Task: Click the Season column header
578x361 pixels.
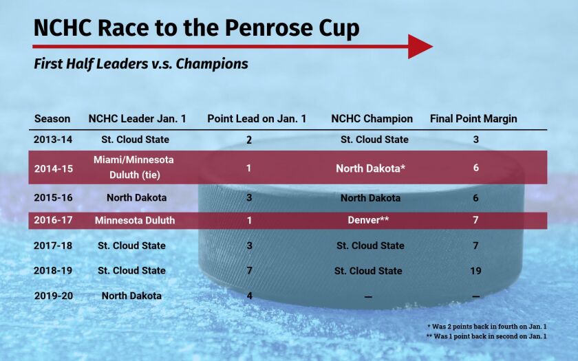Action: tap(52, 118)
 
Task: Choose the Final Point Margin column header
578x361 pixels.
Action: tap(473, 118)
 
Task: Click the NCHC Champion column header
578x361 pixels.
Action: tap(372, 118)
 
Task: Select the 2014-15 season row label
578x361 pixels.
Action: tap(53, 167)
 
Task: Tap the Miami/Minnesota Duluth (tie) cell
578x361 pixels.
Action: tap(133, 167)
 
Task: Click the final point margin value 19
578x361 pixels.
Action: tap(475, 271)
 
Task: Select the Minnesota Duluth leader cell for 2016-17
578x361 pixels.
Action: tap(135, 221)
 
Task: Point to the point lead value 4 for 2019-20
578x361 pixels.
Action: tap(249, 296)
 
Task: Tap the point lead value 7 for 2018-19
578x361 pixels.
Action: tap(249, 271)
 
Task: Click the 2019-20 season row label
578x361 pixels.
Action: tap(53, 296)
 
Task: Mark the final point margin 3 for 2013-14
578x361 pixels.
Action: tap(475, 140)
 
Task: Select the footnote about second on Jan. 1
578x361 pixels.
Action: tap(486, 336)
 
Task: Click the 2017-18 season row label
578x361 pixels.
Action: tap(53, 245)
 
